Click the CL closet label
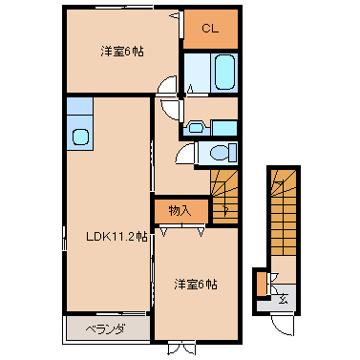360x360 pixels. (210, 29)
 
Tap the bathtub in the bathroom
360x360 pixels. (225, 72)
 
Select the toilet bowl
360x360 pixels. (221, 153)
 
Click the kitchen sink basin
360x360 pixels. (80, 137)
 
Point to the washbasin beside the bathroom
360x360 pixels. (197, 128)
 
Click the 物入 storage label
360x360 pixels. (180, 211)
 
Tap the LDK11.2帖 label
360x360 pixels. (116, 237)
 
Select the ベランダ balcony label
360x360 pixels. (106, 329)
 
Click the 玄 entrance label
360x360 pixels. (283, 299)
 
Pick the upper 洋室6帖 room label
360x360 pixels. (122, 52)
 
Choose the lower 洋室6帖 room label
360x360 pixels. (196, 284)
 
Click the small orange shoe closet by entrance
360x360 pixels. (262, 285)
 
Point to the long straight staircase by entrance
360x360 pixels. (284, 213)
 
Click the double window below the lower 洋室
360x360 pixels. (180, 348)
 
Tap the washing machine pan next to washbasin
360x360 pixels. (224, 128)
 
